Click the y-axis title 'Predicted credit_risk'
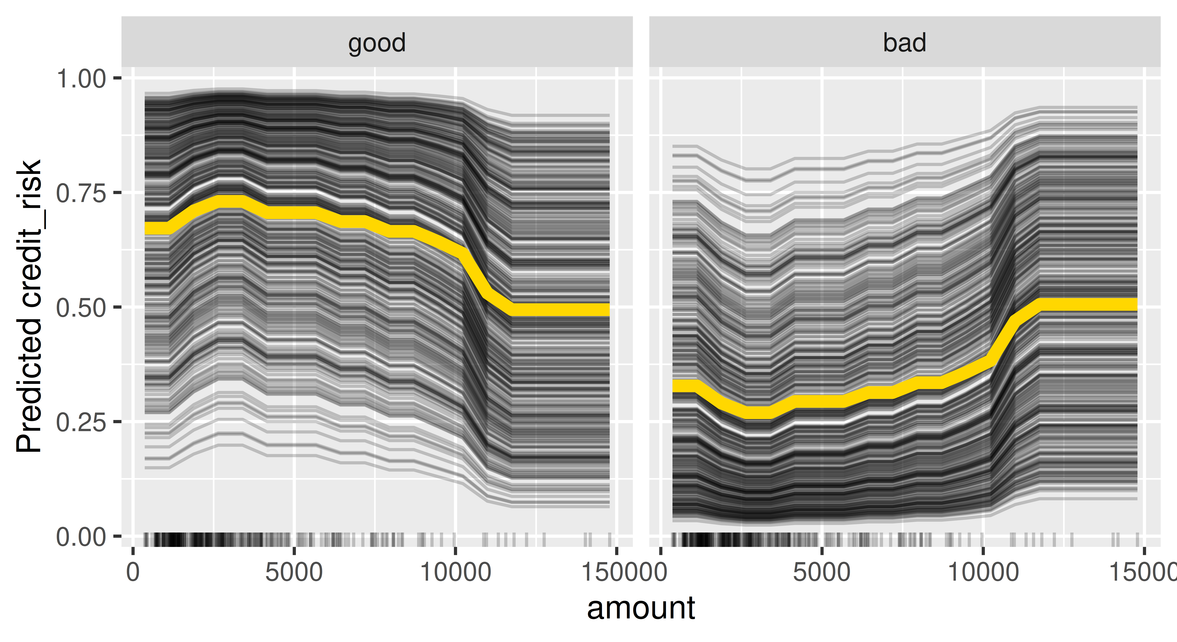pyautogui.click(x=28, y=306)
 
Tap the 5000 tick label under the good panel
pyautogui.click(x=294, y=572)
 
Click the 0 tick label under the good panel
pyautogui.click(x=133, y=572)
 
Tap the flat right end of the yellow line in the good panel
pyautogui.click(x=594, y=309)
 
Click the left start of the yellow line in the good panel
pyautogui.click(x=149, y=228)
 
